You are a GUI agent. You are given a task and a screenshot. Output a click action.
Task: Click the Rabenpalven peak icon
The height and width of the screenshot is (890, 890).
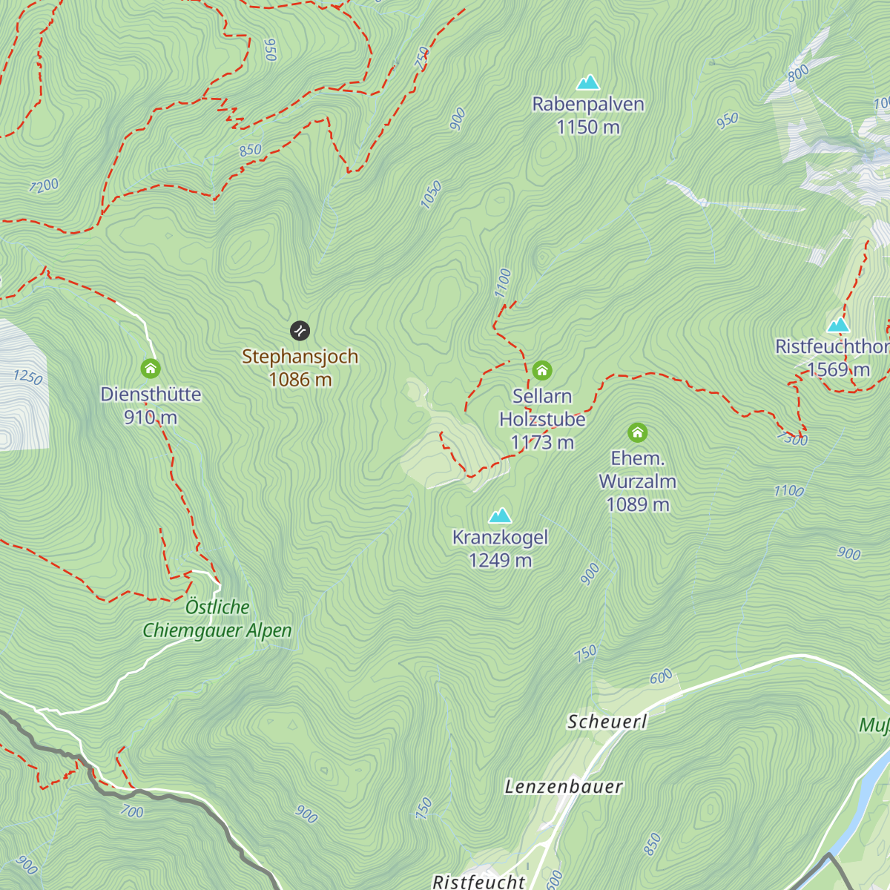[588, 82]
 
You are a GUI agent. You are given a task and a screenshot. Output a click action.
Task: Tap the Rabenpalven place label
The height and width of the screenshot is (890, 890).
[588, 104]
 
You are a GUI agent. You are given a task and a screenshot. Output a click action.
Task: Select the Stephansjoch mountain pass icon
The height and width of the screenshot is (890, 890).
[300, 330]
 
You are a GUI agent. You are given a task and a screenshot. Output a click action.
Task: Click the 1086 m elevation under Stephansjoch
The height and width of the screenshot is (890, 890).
[300, 380]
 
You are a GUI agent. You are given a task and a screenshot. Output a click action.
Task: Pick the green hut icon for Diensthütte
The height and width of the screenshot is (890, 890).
[151, 368]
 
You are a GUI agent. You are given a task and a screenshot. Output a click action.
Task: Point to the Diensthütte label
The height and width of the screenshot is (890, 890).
[151, 394]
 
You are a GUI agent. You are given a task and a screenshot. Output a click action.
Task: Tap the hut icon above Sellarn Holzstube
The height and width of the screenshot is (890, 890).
[542, 370]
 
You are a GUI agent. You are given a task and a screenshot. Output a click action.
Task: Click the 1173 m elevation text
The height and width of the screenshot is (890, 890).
[542, 443]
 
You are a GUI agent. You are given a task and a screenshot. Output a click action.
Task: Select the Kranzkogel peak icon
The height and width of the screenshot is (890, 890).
[500, 515]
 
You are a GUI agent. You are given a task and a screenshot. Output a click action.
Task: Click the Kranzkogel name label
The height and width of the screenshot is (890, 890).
[500, 538]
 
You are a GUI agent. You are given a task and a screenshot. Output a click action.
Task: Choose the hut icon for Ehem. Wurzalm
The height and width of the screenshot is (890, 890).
[637, 432]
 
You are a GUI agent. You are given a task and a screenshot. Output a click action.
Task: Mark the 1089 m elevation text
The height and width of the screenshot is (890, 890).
[637, 504]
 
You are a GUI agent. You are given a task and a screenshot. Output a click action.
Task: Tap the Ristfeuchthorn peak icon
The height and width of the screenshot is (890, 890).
[838, 325]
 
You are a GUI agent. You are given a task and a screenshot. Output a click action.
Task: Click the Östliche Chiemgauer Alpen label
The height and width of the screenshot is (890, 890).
[217, 619]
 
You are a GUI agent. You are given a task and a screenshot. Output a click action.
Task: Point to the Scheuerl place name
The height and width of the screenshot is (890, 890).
[607, 722]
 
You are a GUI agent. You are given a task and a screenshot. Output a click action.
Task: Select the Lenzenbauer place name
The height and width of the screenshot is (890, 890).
[564, 787]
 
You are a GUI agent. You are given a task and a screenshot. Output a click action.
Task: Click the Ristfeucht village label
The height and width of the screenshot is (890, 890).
[479, 881]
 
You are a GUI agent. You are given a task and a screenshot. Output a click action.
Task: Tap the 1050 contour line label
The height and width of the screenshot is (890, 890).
[431, 195]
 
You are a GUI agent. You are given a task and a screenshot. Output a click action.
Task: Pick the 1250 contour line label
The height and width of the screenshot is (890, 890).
[27, 377]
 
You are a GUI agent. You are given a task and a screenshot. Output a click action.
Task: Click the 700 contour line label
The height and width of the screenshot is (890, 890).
[132, 811]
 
